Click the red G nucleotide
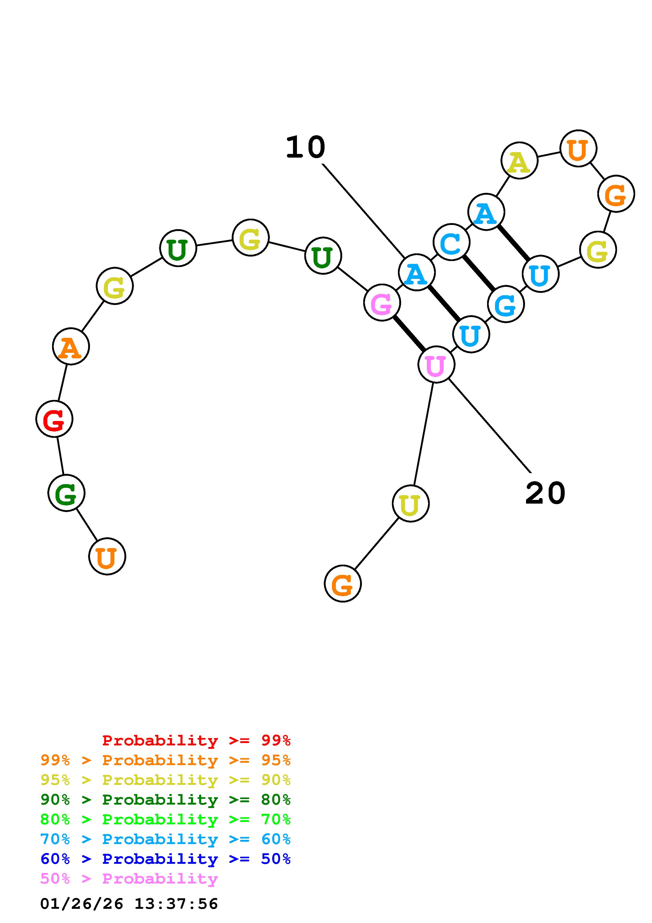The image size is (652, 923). [x=54, y=419]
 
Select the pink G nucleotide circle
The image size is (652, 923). [x=382, y=303]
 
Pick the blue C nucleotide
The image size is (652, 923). [x=452, y=242]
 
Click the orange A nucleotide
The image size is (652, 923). [x=71, y=347]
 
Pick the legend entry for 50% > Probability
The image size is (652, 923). [x=129, y=879]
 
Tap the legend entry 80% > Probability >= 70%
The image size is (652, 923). [x=165, y=819]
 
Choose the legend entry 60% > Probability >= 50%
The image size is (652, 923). [x=165, y=859]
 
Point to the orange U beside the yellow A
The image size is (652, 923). [x=578, y=148]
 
